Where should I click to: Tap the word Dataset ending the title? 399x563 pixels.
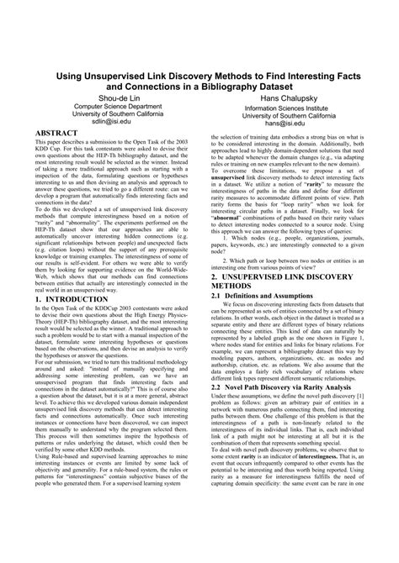305,85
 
